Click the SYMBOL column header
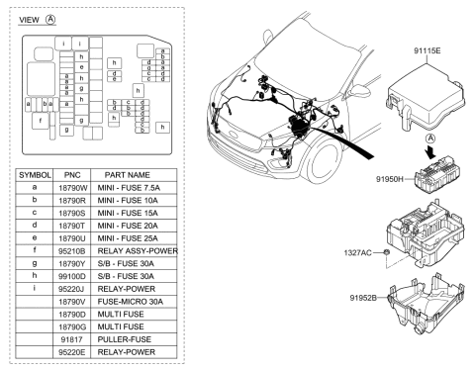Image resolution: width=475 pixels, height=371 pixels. (35, 173)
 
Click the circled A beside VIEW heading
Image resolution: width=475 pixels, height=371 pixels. (50, 19)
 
